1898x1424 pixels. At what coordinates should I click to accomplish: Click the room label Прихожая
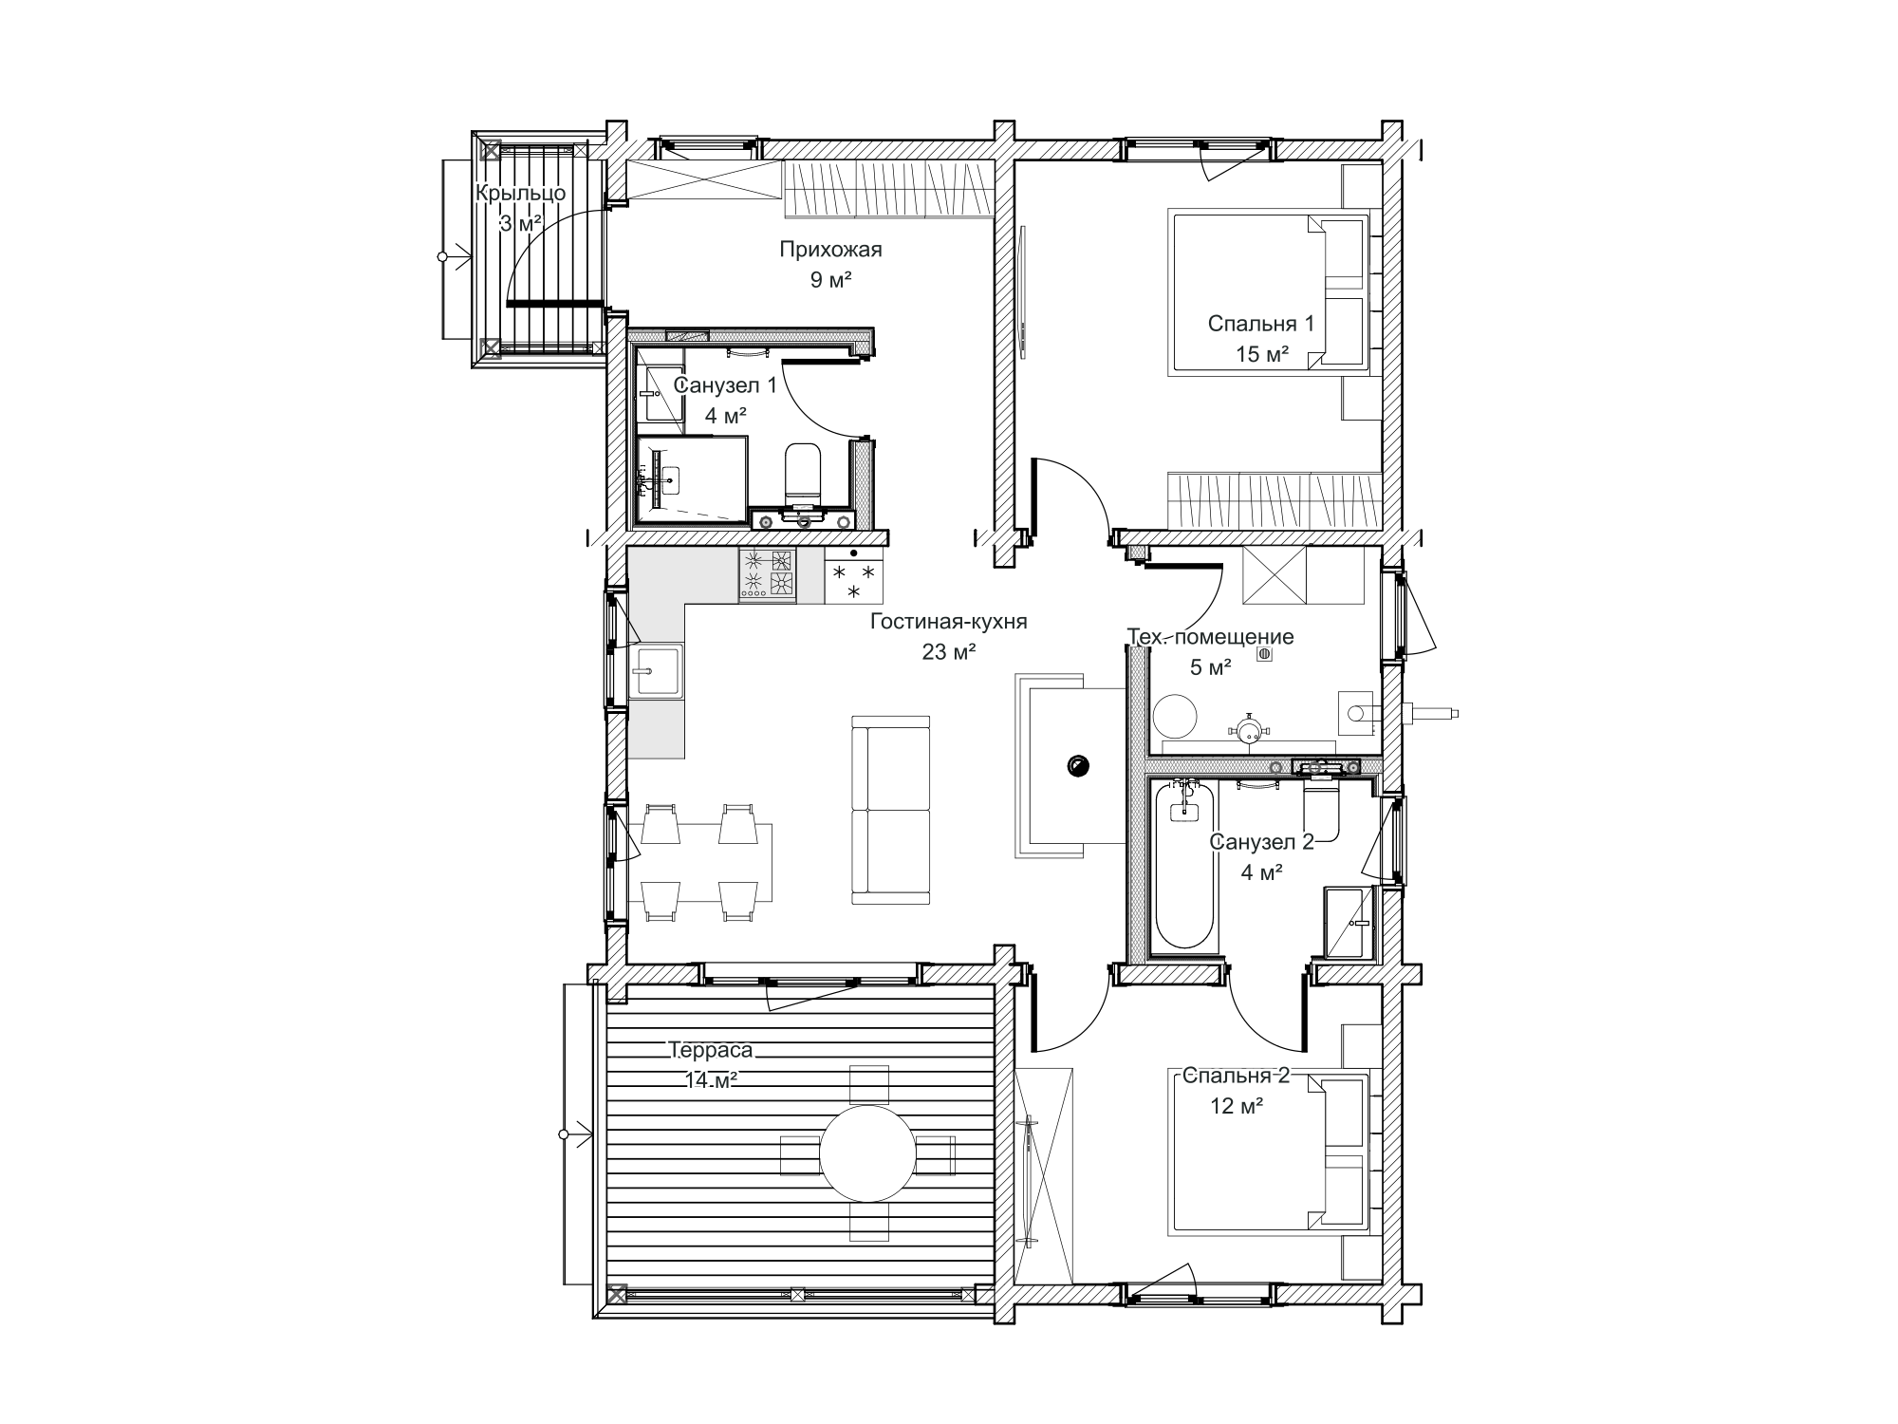click(830, 250)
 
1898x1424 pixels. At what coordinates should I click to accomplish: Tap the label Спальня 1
click(1261, 324)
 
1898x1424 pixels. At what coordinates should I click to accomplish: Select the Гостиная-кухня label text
click(948, 622)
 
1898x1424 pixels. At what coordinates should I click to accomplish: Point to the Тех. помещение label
click(1210, 637)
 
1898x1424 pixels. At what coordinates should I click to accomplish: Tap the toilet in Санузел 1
click(803, 475)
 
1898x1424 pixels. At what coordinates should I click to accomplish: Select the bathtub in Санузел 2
click(1185, 864)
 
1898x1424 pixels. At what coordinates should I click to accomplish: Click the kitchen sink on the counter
click(655, 671)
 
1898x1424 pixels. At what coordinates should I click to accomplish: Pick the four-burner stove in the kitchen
click(767, 574)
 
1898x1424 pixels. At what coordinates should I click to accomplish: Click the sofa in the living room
click(891, 810)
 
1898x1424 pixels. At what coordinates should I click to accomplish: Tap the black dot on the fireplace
click(1078, 764)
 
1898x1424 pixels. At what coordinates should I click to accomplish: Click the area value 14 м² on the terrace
click(713, 1080)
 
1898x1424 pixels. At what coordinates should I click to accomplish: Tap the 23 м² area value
click(948, 652)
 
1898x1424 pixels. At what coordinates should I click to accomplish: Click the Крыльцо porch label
click(521, 194)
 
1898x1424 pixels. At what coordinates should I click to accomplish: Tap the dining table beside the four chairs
click(699, 863)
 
